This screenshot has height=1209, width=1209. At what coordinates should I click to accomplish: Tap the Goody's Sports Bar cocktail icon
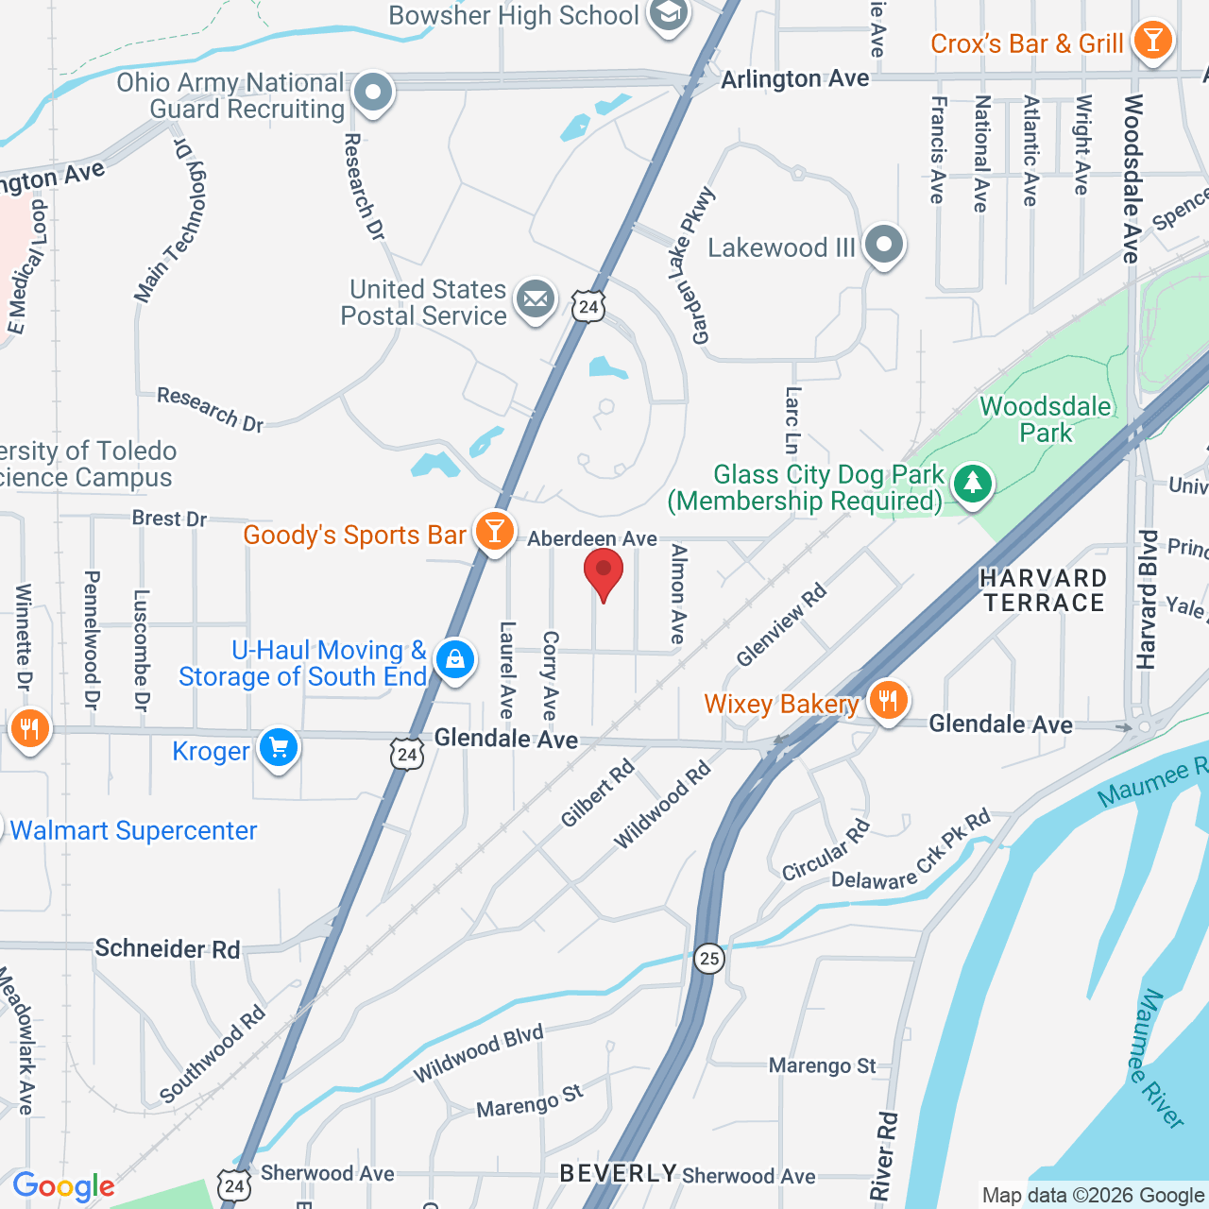coord(493,532)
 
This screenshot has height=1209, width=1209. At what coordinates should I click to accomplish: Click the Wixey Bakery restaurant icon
coord(887,701)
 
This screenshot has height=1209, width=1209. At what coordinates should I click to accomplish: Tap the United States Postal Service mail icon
coord(536,300)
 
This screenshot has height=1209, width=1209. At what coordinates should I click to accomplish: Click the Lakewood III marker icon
coord(884,245)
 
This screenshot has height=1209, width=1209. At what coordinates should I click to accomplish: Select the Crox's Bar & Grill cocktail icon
coord(1152,41)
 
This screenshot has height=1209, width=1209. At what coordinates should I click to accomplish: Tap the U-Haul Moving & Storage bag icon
coord(454,659)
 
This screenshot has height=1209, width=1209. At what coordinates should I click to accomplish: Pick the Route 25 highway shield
coord(708,959)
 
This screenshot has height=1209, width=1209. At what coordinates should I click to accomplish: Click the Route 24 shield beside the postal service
coord(587,307)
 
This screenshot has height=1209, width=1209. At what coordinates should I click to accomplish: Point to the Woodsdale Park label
coord(1045,419)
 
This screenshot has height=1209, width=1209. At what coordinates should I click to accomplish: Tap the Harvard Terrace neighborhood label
coord(1043,590)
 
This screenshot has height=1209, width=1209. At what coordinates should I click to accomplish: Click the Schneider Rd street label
coord(168,948)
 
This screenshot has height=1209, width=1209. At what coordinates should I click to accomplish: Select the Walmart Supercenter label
coord(133,830)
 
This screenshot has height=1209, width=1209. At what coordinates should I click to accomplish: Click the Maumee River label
coord(1158,1058)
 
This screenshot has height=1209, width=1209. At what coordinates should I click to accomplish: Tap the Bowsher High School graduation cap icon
coord(669,15)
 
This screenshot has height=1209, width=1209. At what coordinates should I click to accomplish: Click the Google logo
coord(64,1186)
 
